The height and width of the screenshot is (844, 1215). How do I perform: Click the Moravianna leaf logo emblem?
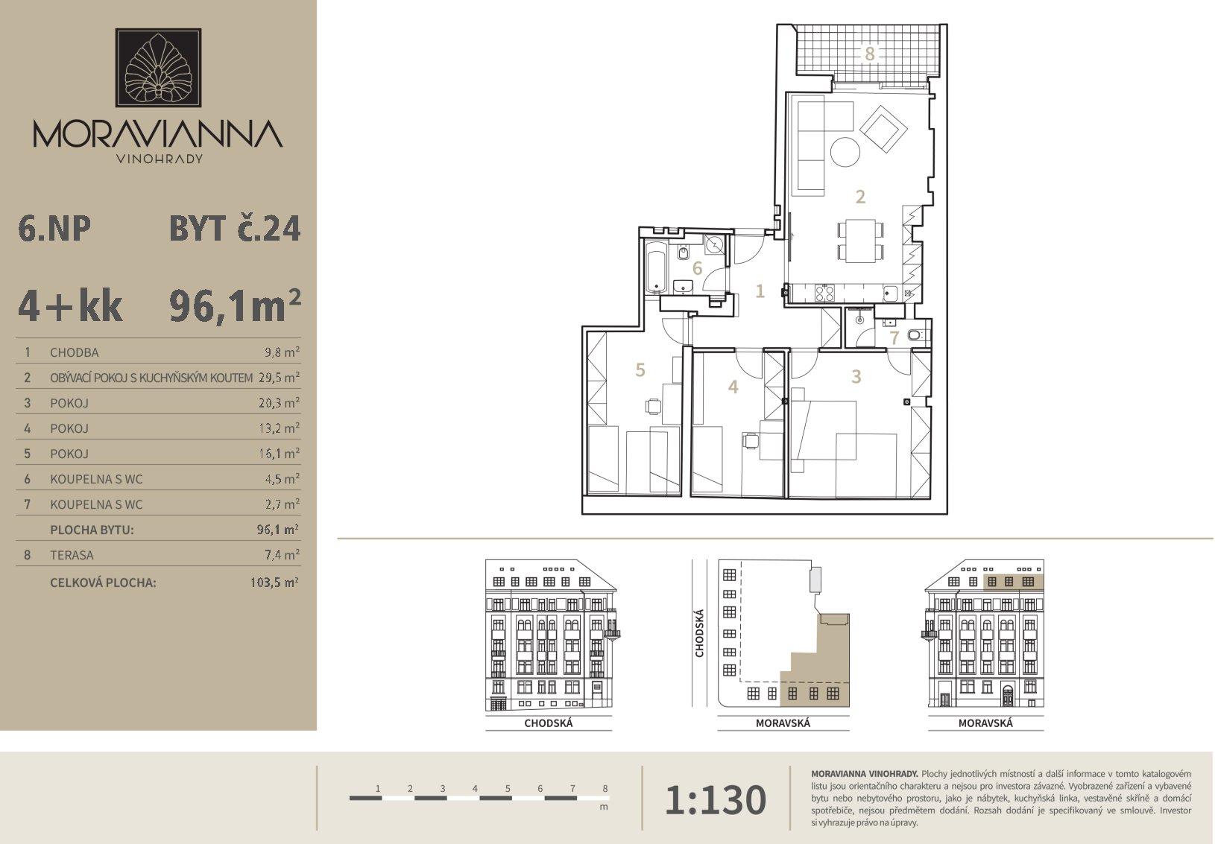158,68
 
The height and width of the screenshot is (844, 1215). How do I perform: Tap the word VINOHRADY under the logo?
160,159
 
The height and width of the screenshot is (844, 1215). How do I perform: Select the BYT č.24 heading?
235,229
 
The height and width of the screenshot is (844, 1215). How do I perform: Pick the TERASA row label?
72,555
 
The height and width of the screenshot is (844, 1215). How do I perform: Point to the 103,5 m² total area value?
274,583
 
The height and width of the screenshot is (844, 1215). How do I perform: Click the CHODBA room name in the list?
75,352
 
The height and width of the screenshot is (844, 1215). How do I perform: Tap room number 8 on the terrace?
869,54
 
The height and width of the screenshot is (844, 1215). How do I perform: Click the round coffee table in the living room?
845,152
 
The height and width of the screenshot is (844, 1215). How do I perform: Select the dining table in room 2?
860,241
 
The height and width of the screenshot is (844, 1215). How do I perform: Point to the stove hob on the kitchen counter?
825,294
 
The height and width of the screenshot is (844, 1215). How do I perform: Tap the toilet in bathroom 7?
916,335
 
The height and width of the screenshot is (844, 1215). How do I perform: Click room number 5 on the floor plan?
640,369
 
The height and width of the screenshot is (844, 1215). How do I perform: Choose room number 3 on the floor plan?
856,376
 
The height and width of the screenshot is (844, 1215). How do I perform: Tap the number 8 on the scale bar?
605,788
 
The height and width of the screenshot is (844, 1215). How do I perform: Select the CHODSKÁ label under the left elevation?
549,723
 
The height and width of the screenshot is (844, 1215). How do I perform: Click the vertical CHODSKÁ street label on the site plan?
699,633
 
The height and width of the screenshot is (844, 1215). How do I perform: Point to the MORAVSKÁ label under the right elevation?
985,723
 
